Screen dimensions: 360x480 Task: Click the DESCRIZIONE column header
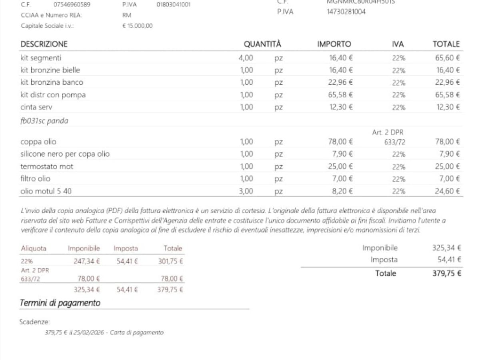pos(44,44)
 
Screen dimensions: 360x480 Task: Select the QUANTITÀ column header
pos(262,44)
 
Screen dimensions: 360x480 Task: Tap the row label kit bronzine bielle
pos(50,70)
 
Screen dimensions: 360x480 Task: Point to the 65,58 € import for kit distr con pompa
pos(341,95)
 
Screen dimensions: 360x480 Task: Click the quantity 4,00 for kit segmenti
pos(246,58)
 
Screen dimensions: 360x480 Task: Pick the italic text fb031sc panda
pos(44,121)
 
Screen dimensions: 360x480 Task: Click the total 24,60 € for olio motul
pos(447,191)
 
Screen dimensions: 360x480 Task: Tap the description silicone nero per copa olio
pos(65,154)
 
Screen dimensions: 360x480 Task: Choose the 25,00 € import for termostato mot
pos(341,166)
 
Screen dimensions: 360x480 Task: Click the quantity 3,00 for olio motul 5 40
pos(246,191)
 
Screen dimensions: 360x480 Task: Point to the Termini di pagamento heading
pos(60,303)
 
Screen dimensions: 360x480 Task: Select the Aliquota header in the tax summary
pos(34,248)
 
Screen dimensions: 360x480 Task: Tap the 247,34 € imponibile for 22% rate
pos(87,262)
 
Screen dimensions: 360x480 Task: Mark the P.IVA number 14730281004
pos(346,12)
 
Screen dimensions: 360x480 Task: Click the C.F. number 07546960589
pos(72,5)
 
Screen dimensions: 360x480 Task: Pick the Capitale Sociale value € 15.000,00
pos(137,26)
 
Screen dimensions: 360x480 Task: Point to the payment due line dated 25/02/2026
pos(104,332)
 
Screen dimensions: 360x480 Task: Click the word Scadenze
pos(35,322)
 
